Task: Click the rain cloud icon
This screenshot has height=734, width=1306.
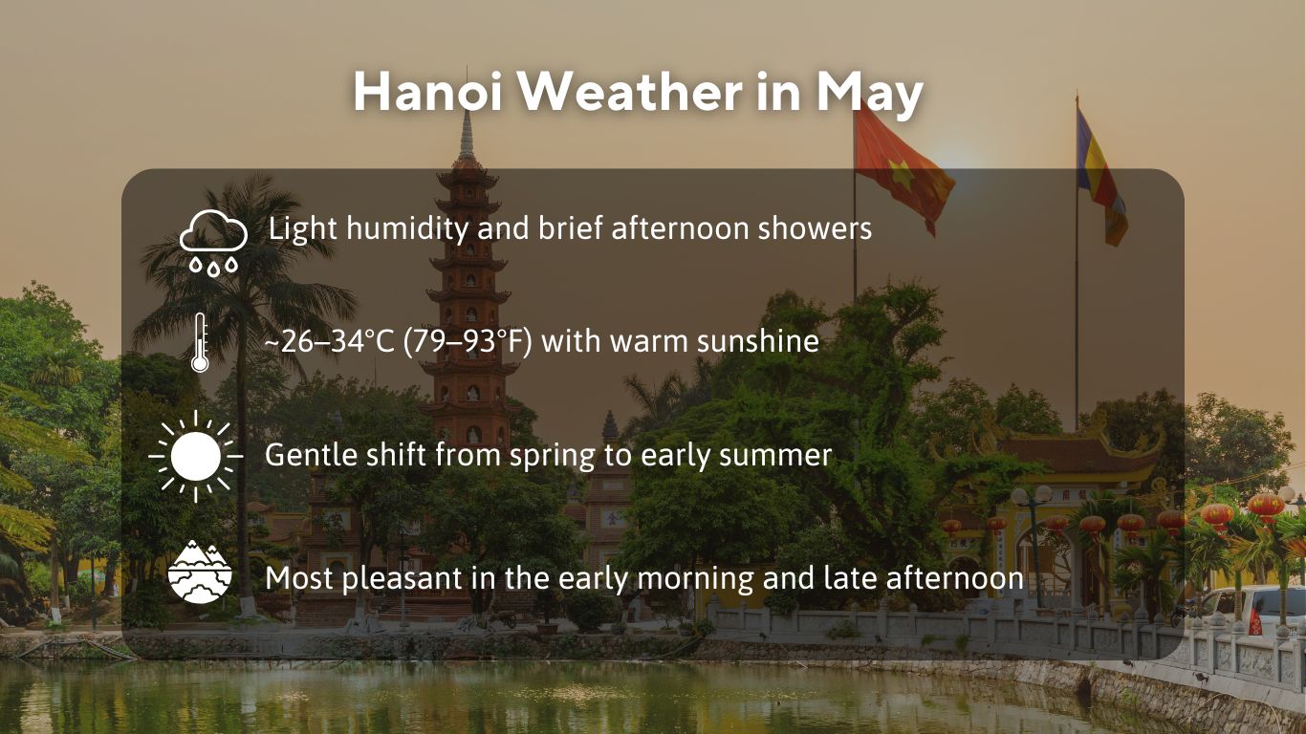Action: pos(213,242)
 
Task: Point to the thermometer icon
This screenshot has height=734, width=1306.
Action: pos(199,341)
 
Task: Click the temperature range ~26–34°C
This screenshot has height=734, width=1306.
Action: pos(329,341)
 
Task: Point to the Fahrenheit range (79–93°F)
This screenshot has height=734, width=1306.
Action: pos(468,341)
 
